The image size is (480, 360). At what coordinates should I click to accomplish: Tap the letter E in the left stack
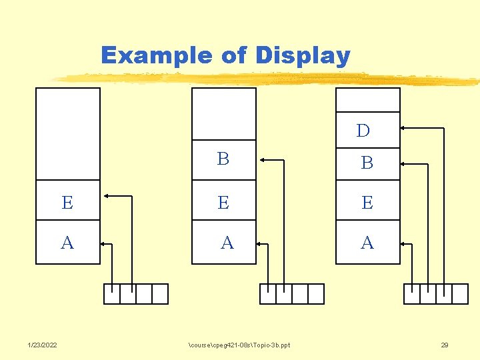click(x=67, y=203)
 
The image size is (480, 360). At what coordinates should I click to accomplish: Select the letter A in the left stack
click(x=67, y=243)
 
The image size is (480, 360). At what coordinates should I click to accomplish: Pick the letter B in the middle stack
click(x=223, y=159)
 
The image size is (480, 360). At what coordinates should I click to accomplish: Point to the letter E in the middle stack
click(x=223, y=203)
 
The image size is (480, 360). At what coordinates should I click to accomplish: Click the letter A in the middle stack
click(x=227, y=243)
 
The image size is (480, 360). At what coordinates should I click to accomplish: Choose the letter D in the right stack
click(x=363, y=131)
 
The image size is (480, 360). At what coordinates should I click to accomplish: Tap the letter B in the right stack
click(x=367, y=163)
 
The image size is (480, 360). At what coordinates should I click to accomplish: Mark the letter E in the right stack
click(x=367, y=203)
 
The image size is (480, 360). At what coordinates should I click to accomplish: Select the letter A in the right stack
click(x=367, y=243)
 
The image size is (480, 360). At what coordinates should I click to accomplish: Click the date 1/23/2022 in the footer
click(x=42, y=345)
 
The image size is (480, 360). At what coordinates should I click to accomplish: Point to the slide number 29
click(x=445, y=345)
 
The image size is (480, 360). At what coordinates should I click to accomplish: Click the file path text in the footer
click(x=239, y=345)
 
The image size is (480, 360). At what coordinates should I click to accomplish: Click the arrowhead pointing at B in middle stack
click(x=263, y=159)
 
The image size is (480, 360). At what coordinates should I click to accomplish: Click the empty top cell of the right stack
click(x=367, y=100)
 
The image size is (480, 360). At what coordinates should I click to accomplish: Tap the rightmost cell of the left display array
click(x=160, y=294)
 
